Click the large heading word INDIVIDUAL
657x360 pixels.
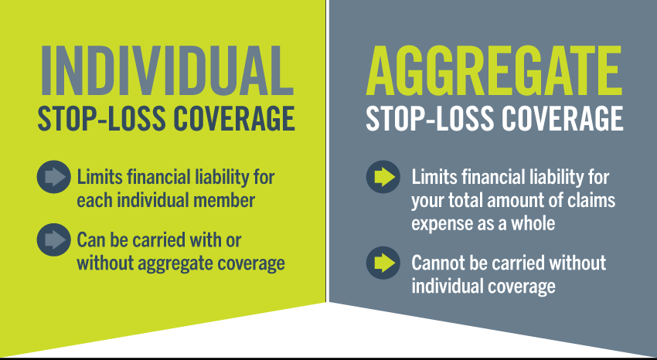click(x=166, y=70)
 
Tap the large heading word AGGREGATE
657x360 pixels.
click(x=495, y=70)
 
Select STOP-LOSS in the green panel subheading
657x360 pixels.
click(x=102, y=118)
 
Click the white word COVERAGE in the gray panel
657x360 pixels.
click(x=562, y=118)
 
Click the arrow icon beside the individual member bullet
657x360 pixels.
click(x=53, y=177)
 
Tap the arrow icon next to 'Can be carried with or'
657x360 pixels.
click(x=53, y=239)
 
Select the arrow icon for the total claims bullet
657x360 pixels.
click(x=383, y=177)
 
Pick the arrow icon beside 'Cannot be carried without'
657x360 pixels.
click(x=383, y=263)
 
